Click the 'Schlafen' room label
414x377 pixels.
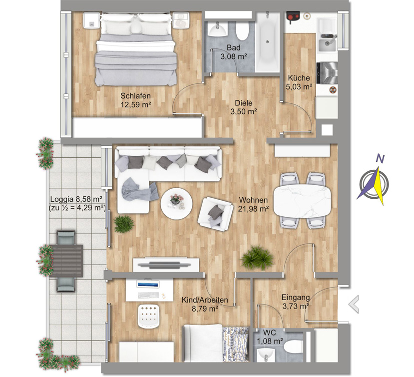point(135,95)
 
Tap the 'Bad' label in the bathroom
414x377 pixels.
point(234,48)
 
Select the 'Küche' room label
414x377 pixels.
point(299,78)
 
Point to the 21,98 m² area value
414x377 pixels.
point(254,209)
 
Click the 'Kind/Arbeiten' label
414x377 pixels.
point(205,300)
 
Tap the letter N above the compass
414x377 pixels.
point(380,159)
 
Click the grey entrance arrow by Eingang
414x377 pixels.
point(354,304)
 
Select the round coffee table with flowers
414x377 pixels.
point(176,204)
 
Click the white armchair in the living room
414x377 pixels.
point(215,214)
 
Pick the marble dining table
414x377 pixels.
point(302,200)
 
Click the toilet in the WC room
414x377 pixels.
point(293,346)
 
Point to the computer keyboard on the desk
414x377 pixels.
point(148,295)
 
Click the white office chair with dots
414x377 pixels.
point(149,316)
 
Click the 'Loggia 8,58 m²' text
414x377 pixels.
point(76,199)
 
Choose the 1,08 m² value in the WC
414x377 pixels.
point(270,341)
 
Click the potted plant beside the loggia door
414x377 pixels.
point(123,224)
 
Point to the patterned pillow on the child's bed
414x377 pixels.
point(236,344)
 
